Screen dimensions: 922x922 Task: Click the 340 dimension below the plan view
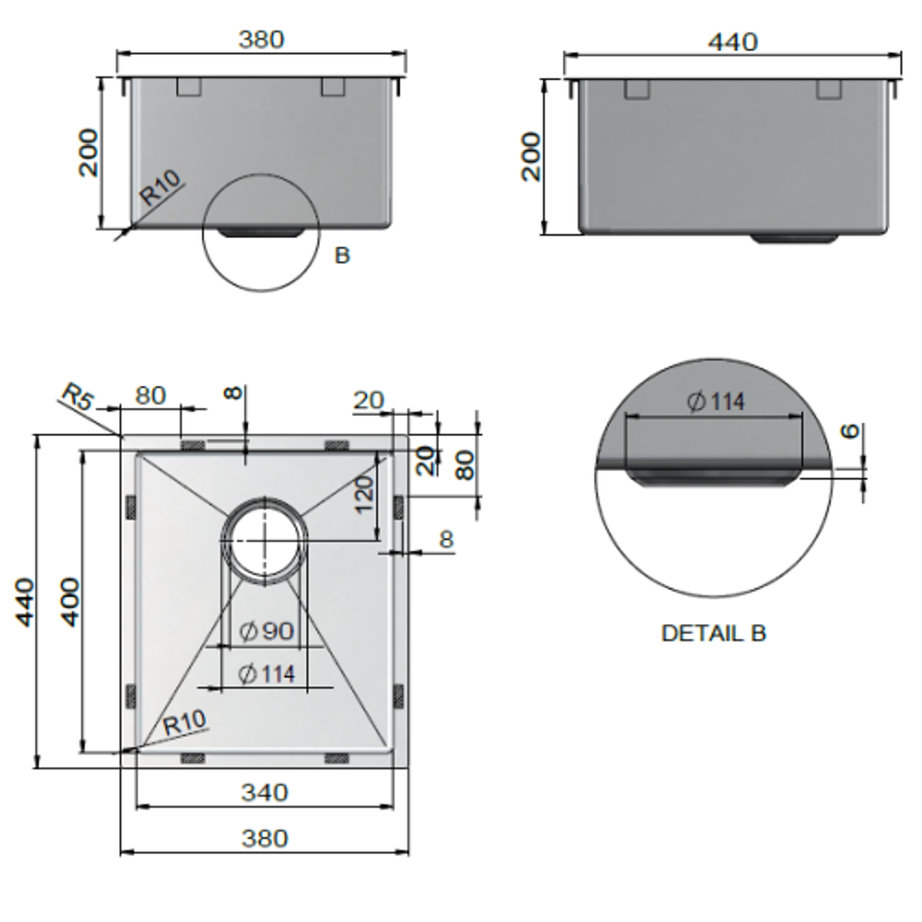[264, 792]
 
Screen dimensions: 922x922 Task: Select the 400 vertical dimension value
[70, 601]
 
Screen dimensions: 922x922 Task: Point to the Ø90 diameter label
[266, 632]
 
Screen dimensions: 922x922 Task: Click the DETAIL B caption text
[714, 633]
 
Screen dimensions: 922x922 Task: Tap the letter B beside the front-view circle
[342, 255]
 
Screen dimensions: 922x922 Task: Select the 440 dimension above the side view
[732, 41]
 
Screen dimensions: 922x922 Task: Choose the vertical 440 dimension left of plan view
[26, 601]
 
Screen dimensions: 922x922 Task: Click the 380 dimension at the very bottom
[264, 838]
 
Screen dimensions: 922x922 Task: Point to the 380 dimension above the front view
[261, 39]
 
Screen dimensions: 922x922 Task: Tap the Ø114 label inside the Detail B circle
[715, 401]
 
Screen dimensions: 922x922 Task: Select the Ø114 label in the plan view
[266, 674]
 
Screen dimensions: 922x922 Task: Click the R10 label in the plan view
[184, 723]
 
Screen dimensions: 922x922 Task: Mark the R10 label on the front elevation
[160, 189]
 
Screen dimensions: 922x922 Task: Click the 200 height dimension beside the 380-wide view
[89, 153]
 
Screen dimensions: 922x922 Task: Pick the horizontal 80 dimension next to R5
[150, 396]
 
